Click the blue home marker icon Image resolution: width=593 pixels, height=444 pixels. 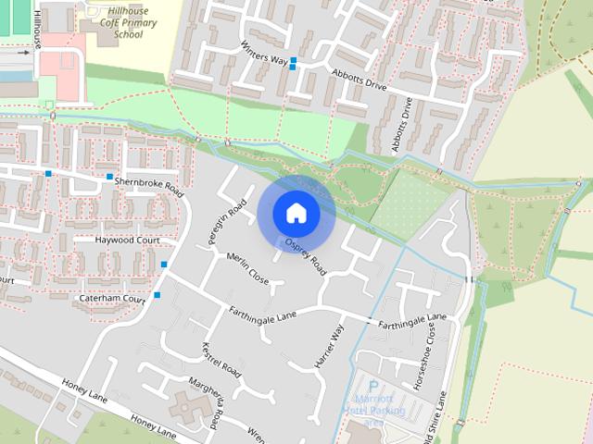[x=296, y=213]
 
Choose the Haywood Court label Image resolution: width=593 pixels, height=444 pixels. [x=128, y=240]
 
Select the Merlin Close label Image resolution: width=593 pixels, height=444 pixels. [x=247, y=268]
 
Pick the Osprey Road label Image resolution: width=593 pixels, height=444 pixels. [x=306, y=257]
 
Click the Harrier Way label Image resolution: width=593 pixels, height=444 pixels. [x=330, y=347]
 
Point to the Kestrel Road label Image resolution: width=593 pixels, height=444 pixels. [x=221, y=361]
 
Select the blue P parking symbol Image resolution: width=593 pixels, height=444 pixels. [x=373, y=387]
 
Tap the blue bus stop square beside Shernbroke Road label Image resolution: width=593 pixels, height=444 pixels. [x=110, y=177]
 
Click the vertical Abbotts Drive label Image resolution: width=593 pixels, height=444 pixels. [x=401, y=125]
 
